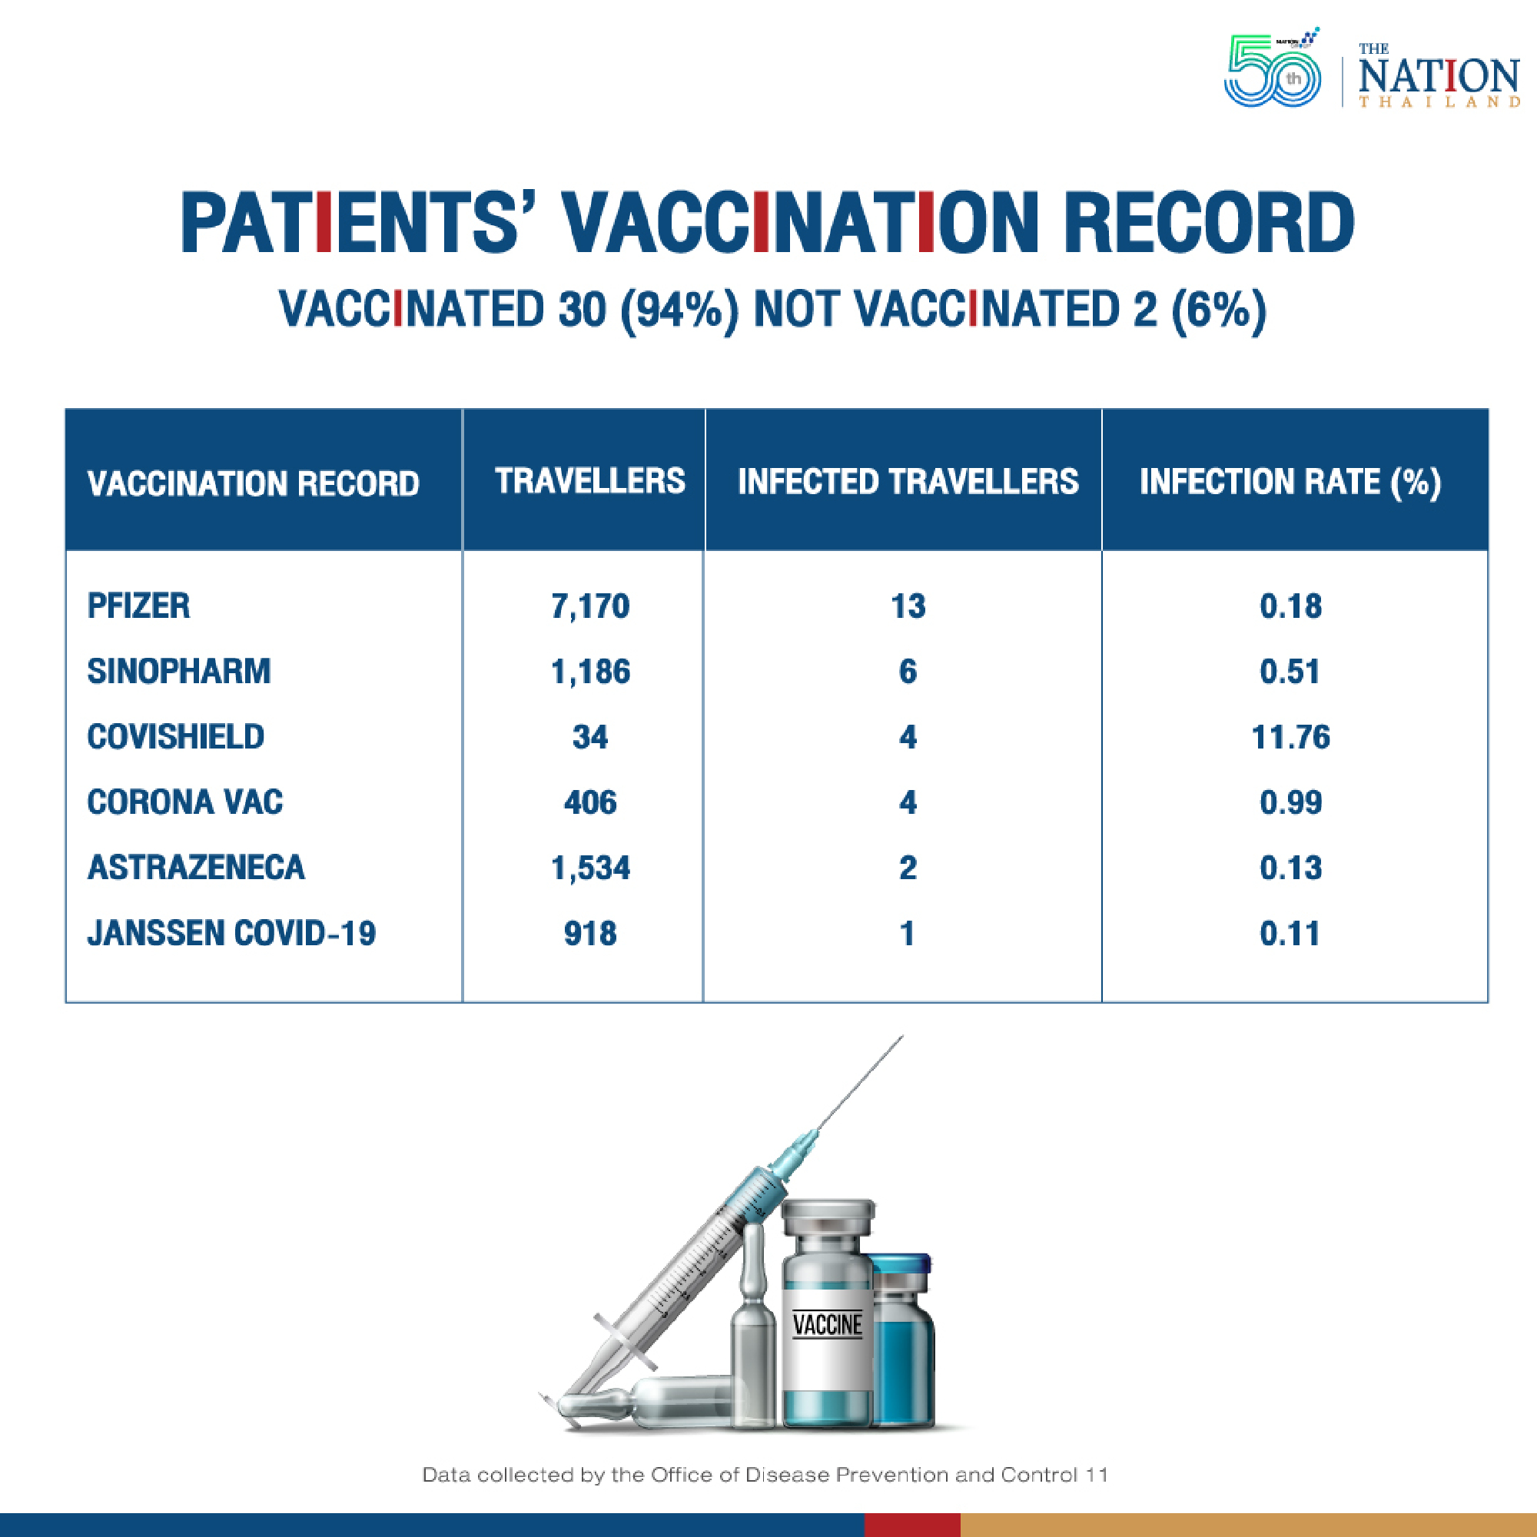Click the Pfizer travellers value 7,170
[x=589, y=607]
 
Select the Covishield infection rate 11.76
[x=1290, y=738]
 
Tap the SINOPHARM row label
[x=179, y=672]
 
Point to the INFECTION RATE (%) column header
[x=1290, y=482]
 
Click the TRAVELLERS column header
[x=589, y=481]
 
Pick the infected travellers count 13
[x=908, y=607]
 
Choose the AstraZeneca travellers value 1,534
[x=589, y=868]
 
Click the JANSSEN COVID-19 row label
[x=231, y=933]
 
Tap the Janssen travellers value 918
[x=589, y=933]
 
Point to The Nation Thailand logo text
[x=1439, y=76]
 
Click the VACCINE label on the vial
[x=828, y=1325]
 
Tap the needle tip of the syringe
[x=902, y=1036]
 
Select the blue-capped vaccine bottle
[x=901, y=1339]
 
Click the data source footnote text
[x=765, y=1474]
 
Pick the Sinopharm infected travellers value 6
[x=908, y=672]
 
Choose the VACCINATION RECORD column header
[x=253, y=483]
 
